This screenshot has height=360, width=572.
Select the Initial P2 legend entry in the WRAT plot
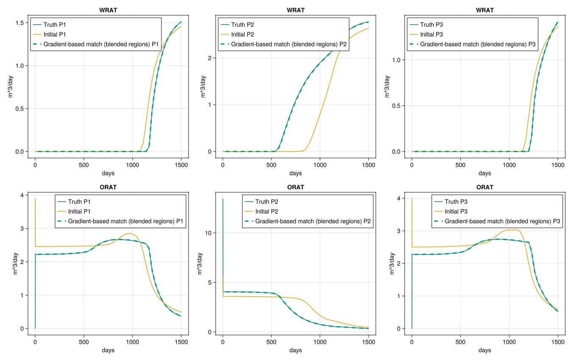243,34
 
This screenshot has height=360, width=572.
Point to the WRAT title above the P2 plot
296,10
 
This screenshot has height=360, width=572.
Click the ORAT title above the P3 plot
485,187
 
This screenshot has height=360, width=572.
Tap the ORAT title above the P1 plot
108,187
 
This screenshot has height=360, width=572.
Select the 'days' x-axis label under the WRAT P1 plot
108,173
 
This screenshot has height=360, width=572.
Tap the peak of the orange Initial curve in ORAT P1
129,233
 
